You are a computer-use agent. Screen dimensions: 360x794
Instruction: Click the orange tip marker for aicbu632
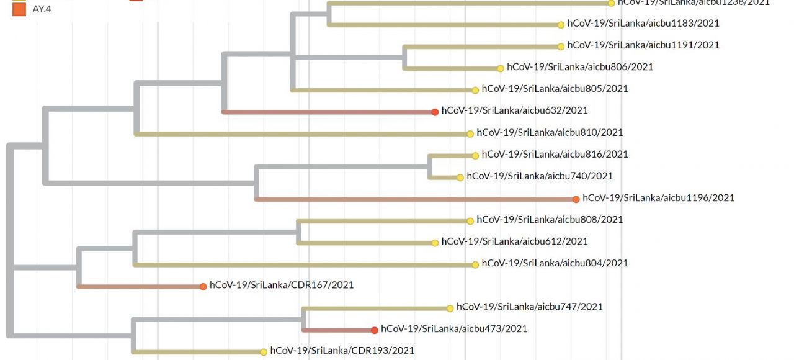[435, 112]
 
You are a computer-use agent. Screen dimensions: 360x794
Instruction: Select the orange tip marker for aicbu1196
[576, 199]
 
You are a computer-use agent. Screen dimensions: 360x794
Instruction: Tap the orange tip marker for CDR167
[203, 286]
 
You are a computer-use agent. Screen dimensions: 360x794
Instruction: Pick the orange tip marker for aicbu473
[375, 330]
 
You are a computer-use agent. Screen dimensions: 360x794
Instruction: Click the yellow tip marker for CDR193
[264, 352]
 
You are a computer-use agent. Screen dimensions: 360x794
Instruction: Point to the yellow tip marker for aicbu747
[450, 308]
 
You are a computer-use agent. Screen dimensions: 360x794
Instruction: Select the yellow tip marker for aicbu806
[501, 68]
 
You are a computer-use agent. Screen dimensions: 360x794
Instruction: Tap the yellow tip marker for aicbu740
[460, 178]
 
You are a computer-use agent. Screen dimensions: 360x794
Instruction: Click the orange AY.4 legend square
[19, 9]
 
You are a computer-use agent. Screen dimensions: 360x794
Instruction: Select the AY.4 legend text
[42, 9]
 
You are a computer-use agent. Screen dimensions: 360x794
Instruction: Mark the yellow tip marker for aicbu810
[470, 133]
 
